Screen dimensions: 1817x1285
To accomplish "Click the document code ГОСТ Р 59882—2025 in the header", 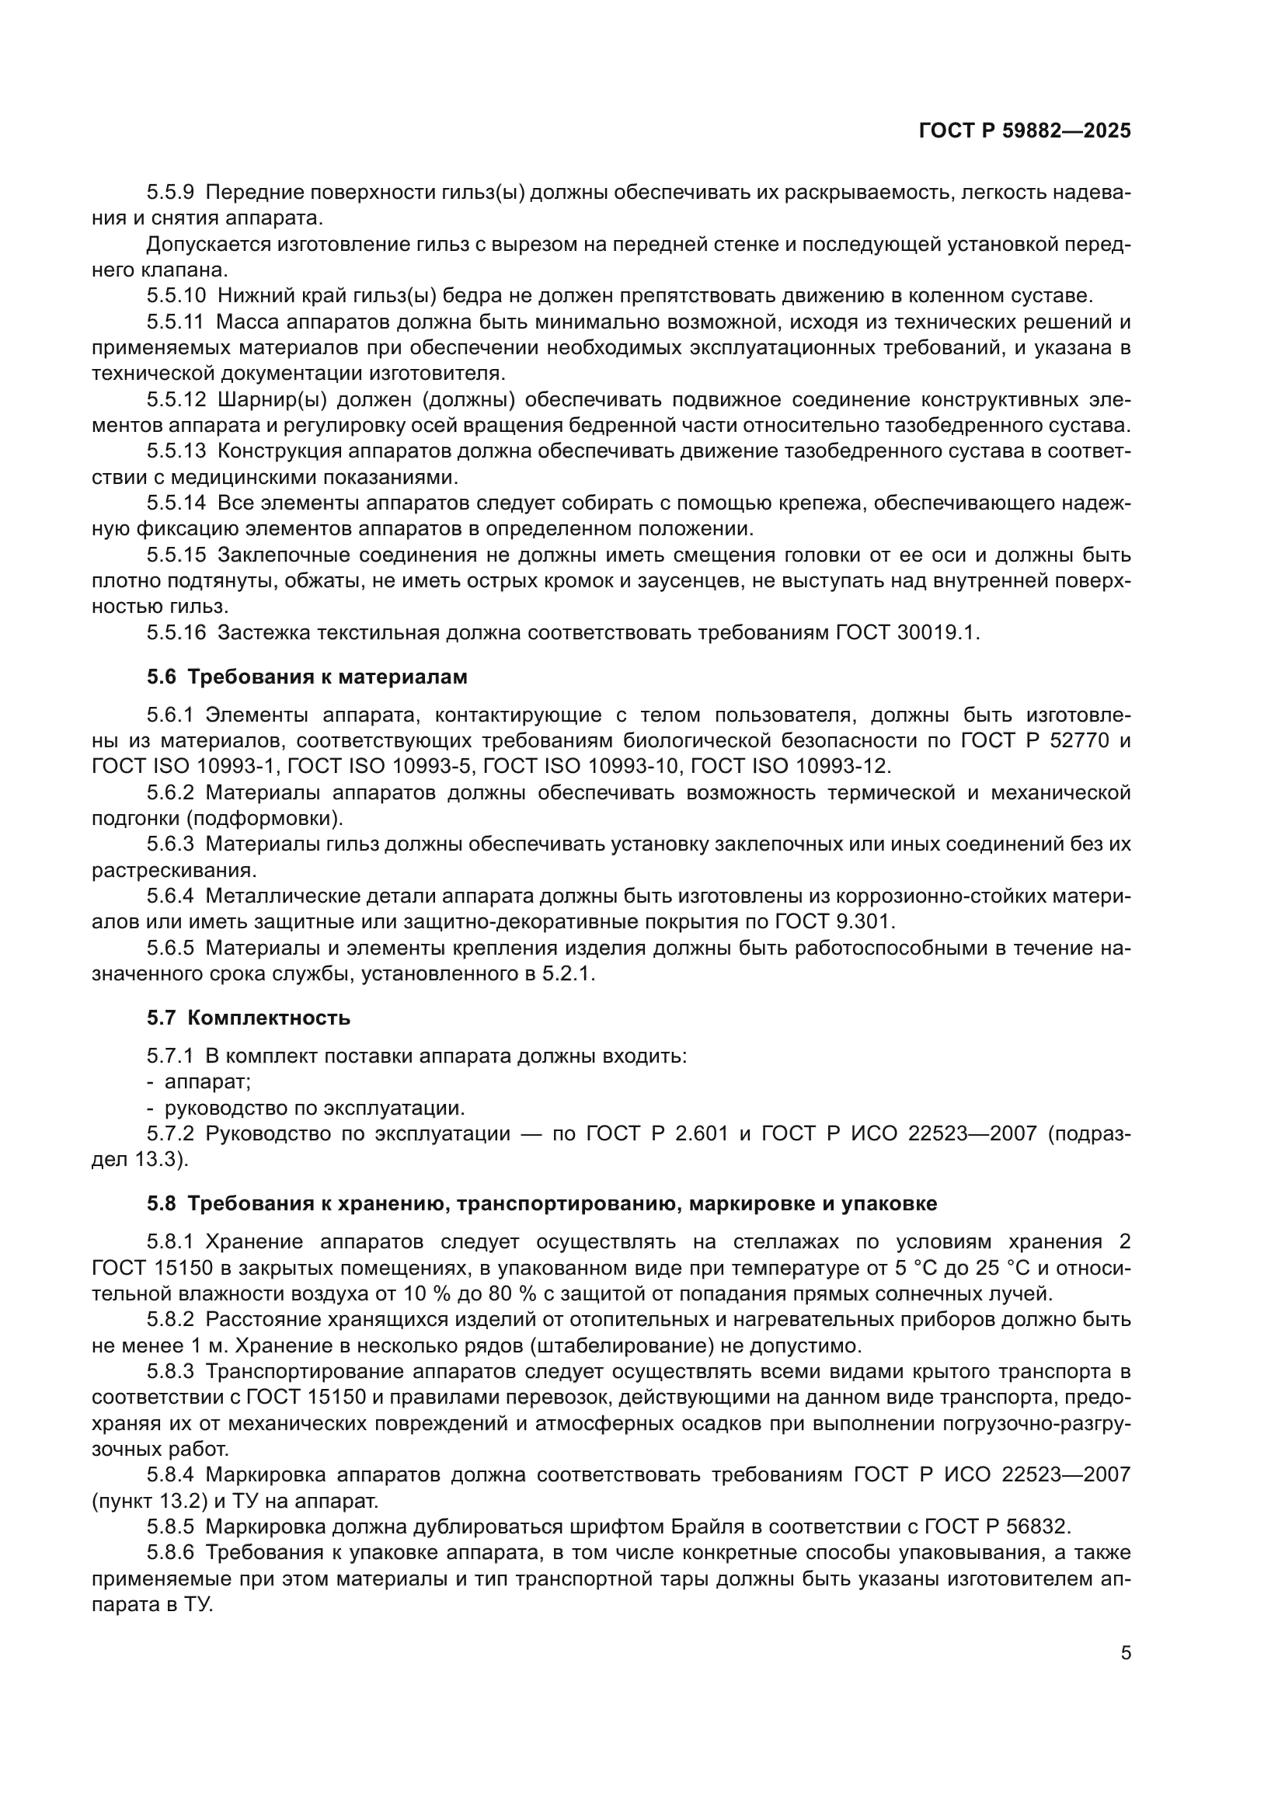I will click(x=1025, y=131).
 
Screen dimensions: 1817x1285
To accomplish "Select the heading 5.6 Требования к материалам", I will click(x=306, y=677).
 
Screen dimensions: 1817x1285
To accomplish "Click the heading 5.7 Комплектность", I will click(x=248, y=1017).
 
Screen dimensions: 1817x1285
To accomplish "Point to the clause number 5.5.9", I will click(x=170, y=193).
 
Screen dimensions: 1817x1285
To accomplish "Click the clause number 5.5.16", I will click(x=176, y=632).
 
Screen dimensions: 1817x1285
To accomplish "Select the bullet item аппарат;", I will click(x=207, y=1081).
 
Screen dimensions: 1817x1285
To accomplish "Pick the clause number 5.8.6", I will click(x=170, y=1552).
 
